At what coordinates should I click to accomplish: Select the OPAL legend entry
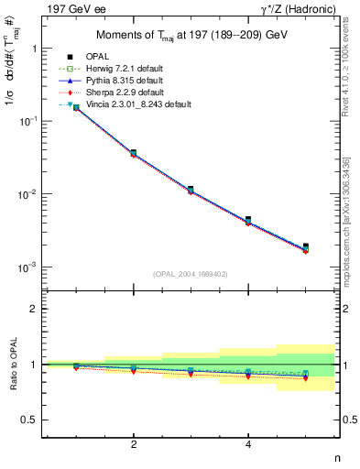coord(106,58)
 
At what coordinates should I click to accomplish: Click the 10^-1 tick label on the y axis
coord(28,121)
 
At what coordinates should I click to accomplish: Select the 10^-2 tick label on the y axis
coord(28,194)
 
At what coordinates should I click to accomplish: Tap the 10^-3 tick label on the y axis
coord(28,267)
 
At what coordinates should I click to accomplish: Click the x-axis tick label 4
coord(248,444)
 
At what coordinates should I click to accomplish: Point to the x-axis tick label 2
coord(134,444)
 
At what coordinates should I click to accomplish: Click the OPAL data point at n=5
coord(306,246)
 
